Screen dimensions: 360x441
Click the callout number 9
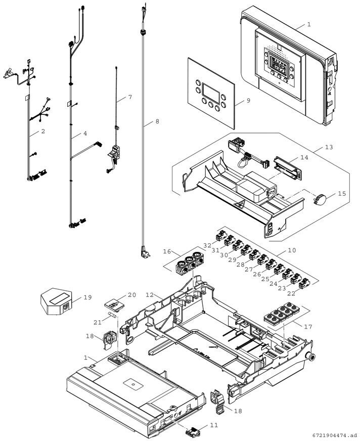coord(248,101)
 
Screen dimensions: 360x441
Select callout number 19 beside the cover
coord(88,297)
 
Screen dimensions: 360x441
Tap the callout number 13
coord(329,147)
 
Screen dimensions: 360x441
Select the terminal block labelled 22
coord(304,284)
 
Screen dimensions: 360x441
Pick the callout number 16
coord(167,251)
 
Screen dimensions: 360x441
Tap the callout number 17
coord(308,327)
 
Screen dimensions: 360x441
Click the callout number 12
coord(150,294)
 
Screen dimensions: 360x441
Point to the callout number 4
coord(85,134)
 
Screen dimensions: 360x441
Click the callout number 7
coord(129,97)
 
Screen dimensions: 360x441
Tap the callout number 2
coord(43,131)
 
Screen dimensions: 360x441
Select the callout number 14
coord(304,157)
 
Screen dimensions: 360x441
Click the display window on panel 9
coord(210,93)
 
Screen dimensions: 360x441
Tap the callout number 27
coord(249,270)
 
